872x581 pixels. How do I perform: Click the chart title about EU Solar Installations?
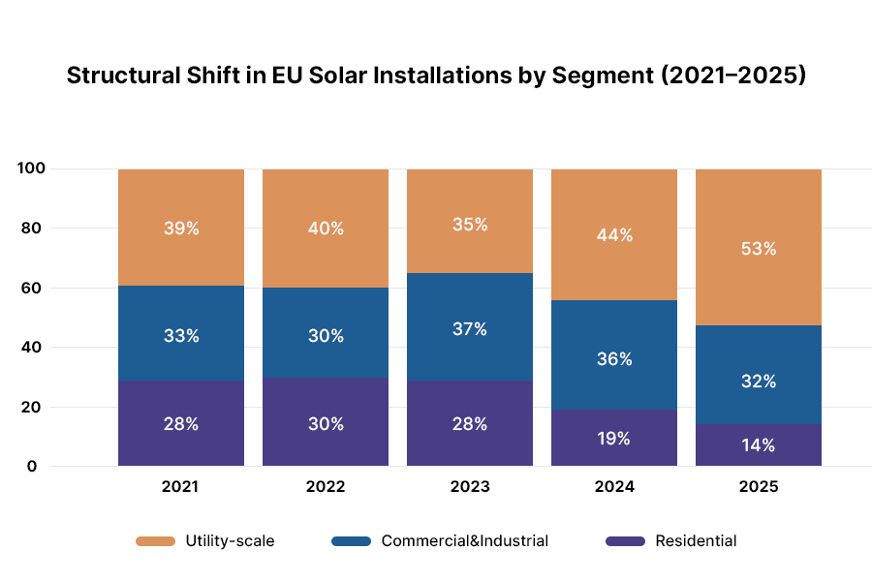tap(436, 76)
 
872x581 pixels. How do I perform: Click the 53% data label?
tap(759, 248)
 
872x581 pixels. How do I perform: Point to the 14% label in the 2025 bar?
tap(759, 445)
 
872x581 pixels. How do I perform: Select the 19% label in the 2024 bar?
tap(614, 438)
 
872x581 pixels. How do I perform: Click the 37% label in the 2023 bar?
tap(470, 329)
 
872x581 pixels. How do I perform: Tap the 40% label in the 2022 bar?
tap(326, 229)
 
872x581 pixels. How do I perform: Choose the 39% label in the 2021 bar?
tap(181, 229)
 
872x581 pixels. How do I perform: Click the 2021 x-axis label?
tap(181, 487)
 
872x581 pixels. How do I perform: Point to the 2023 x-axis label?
tap(470, 487)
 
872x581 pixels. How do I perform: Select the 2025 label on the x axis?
tap(759, 487)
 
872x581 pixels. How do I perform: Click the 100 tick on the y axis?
tap(31, 168)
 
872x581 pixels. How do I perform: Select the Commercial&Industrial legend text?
tap(465, 541)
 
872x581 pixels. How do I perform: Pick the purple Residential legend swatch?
tap(625, 541)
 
